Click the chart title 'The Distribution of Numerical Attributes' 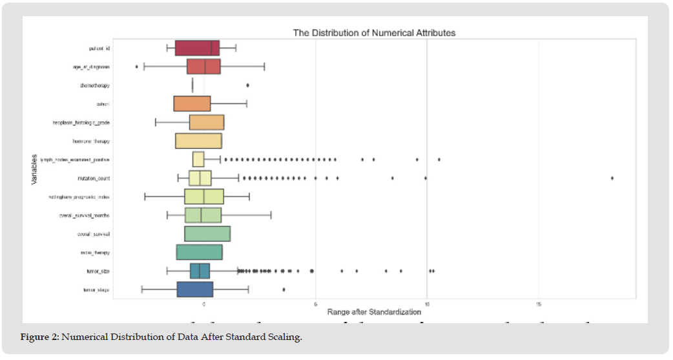[374, 32]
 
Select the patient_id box [197, 48]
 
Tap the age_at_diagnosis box [203, 67]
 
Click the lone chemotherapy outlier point [247, 85]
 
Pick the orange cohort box [192, 103]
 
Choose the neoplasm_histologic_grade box [207, 122]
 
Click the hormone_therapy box [198, 141]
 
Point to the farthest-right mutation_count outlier [612, 178]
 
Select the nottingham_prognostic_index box [204, 196]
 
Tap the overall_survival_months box [203, 215]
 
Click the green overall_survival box [207, 234]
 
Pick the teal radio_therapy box [199, 252]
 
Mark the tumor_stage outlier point [284, 290]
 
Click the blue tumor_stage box [195, 290]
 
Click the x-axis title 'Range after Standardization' [374, 312]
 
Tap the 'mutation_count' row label [94, 178]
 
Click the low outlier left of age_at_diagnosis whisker [136, 67]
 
